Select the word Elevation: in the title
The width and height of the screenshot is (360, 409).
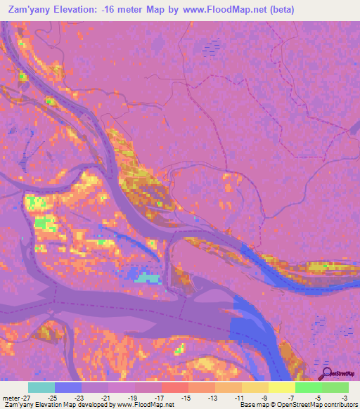tap(82, 10)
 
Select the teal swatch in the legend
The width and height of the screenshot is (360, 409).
tap(41, 387)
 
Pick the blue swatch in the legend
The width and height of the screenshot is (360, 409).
tap(68, 387)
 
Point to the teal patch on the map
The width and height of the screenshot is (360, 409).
tap(148, 278)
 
